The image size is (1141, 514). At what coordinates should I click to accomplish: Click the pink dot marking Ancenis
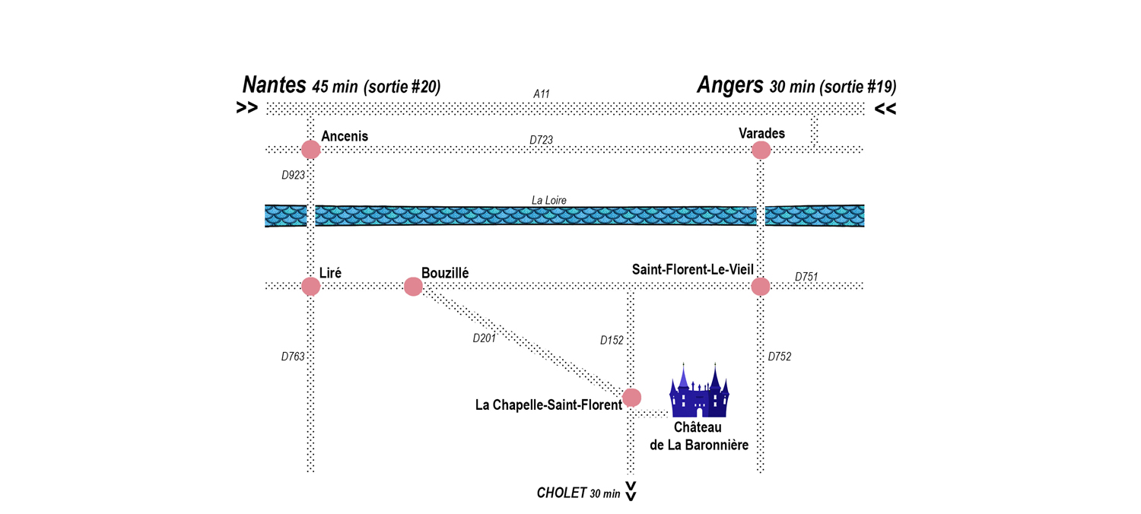point(310,149)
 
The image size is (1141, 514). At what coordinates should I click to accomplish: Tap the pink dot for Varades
point(761,151)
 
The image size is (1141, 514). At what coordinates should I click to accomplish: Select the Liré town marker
point(310,287)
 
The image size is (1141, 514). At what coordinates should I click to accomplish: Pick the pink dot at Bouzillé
point(413,287)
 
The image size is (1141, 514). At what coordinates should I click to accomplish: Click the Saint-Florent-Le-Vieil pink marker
point(761,287)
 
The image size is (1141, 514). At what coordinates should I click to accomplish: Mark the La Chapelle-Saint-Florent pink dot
point(631,398)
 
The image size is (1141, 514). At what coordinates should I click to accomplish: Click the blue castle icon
point(699,390)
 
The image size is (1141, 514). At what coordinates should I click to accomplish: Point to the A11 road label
point(542,94)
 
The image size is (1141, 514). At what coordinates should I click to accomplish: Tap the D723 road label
point(541,140)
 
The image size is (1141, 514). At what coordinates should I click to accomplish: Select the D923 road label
point(293,175)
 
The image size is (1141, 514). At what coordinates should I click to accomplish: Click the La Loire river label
point(548,200)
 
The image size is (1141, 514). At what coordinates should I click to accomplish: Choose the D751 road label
point(806,277)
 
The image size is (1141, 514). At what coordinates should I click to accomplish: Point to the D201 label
point(484,338)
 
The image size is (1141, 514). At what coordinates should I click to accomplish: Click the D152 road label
point(612,341)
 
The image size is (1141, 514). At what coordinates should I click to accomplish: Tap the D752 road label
point(780,357)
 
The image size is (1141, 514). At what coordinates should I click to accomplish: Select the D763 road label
point(293,357)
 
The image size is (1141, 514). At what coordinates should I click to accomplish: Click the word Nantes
point(274,84)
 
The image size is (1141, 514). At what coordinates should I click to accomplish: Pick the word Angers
point(730,85)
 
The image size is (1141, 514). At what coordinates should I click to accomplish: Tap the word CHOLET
point(561,493)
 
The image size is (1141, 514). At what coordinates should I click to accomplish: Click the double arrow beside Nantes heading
point(247,108)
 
